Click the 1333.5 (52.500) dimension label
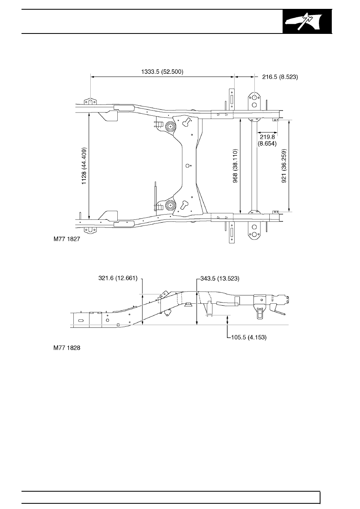(x=162, y=72)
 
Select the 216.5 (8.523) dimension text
(x=280, y=77)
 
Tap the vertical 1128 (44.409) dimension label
(x=84, y=166)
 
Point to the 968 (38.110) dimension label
(x=235, y=166)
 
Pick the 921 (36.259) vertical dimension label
(x=284, y=166)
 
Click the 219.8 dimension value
(x=267, y=137)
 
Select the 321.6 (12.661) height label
(x=118, y=278)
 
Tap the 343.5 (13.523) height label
(x=220, y=278)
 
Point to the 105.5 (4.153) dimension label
(x=249, y=337)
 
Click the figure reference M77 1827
(x=67, y=239)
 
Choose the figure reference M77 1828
(x=67, y=348)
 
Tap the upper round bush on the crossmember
(x=170, y=126)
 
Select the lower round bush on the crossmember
(x=170, y=205)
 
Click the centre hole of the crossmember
(x=187, y=166)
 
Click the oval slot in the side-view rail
(x=81, y=320)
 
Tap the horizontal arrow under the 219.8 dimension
(x=267, y=132)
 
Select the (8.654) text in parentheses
(x=267, y=144)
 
